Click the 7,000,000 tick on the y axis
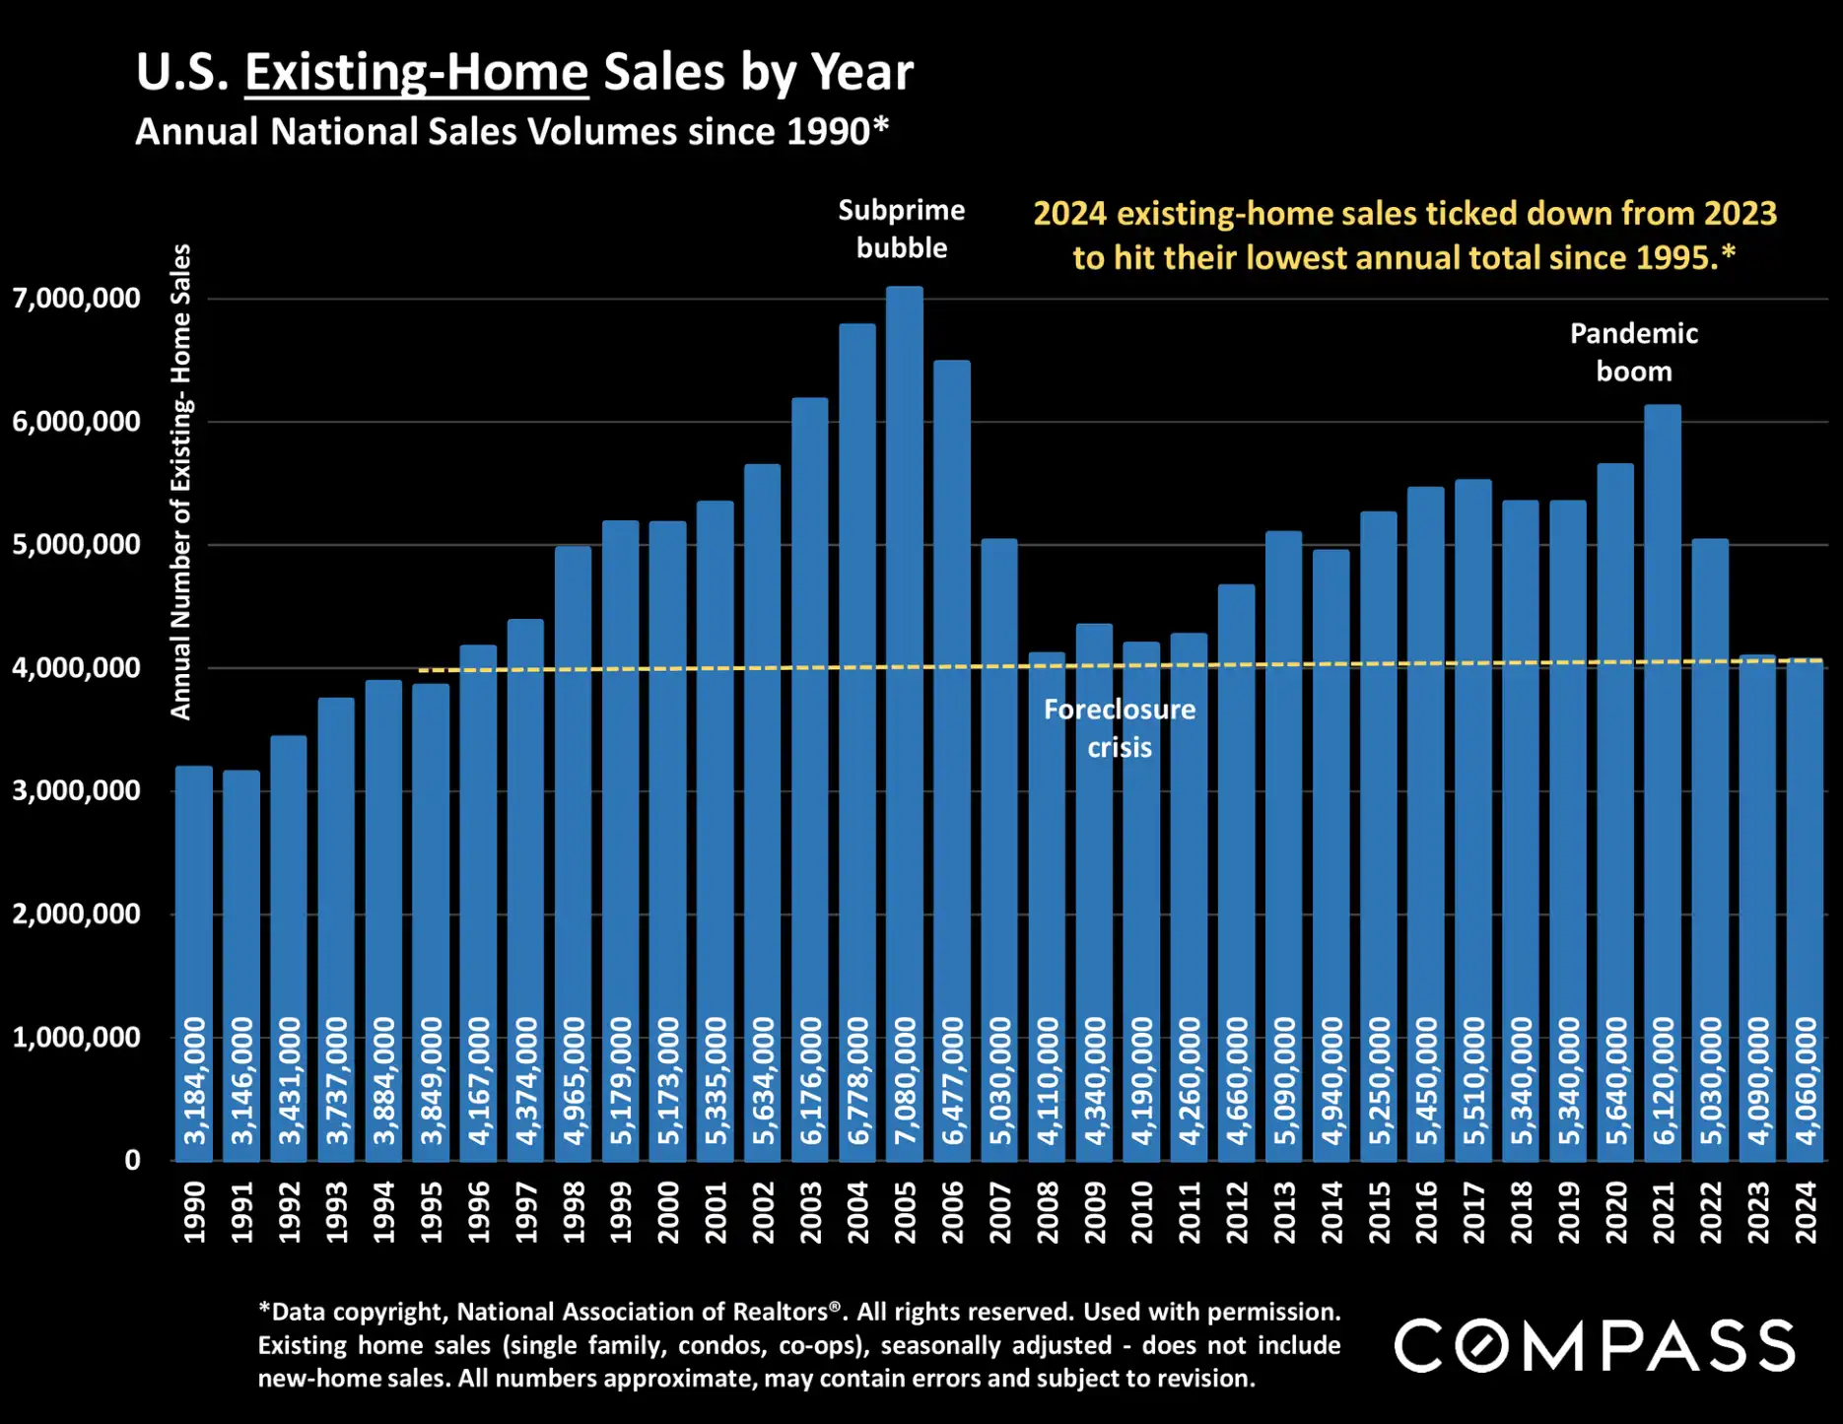pos(77,299)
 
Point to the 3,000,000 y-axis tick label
pos(77,790)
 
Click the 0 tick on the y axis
pos(132,1160)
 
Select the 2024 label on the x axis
pos(1806,1213)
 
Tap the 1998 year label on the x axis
pos(574,1213)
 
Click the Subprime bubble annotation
pos(901,229)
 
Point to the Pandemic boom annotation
pos(1633,352)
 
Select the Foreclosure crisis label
pos(1119,727)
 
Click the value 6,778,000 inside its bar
pos(857,1081)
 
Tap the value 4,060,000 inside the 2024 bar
pos(1806,1081)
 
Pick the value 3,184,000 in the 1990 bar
pos(194,1081)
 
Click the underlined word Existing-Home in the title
pos(416,73)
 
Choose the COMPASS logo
pos(1594,1345)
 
